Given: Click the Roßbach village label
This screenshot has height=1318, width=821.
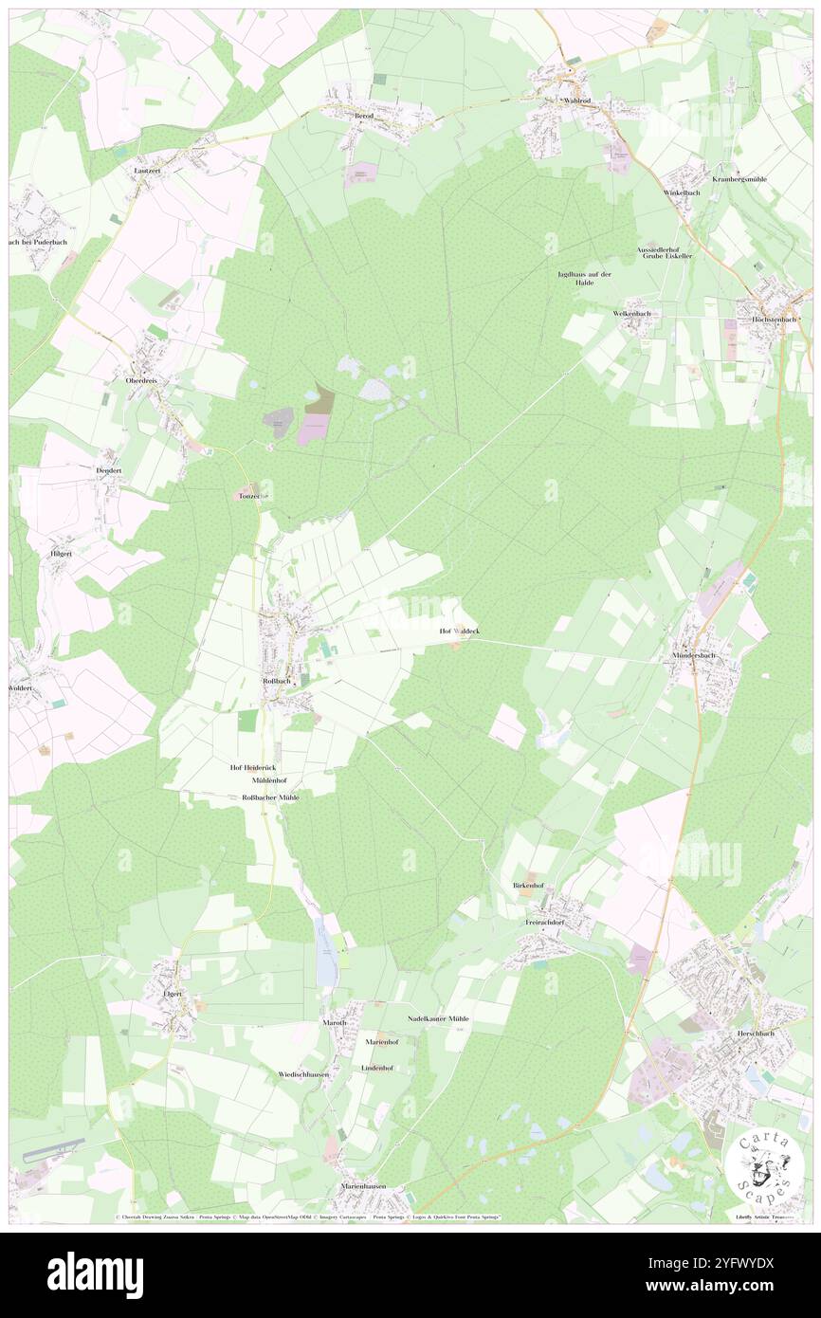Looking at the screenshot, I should coord(275,682).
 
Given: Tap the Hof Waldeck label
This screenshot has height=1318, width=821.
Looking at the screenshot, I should coord(459,631).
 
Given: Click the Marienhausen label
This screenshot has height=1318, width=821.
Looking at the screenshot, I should coord(372,1186).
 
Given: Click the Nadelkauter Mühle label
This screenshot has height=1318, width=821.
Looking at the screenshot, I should coord(438,1017).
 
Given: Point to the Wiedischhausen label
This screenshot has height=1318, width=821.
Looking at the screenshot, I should coord(303,1074).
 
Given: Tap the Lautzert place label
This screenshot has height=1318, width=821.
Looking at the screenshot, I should coord(148,170).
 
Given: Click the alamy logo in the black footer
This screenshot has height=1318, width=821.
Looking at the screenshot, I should coord(95,1274).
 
